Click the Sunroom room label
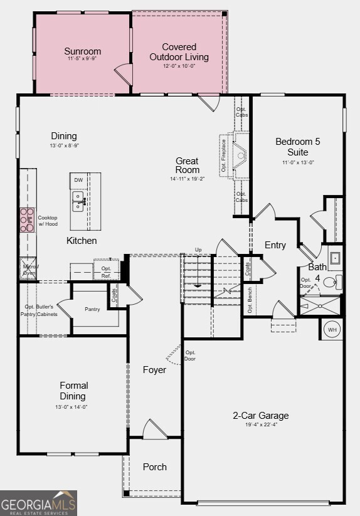[82, 51]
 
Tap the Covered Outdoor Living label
[179, 52]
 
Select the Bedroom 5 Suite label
[297, 147]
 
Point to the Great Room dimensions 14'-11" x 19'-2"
[187, 179]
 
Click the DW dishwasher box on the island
[78, 181]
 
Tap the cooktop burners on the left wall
[27, 220]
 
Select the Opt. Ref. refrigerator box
[106, 271]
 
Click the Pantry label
[92, 309]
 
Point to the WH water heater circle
[332, 329]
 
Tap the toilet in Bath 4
[337, 281]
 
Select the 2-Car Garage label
[261, 416]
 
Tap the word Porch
[154, 466]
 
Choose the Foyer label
[154, 370]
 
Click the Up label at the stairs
[198, 250]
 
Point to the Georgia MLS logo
[38, 503]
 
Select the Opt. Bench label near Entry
[250, 300]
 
